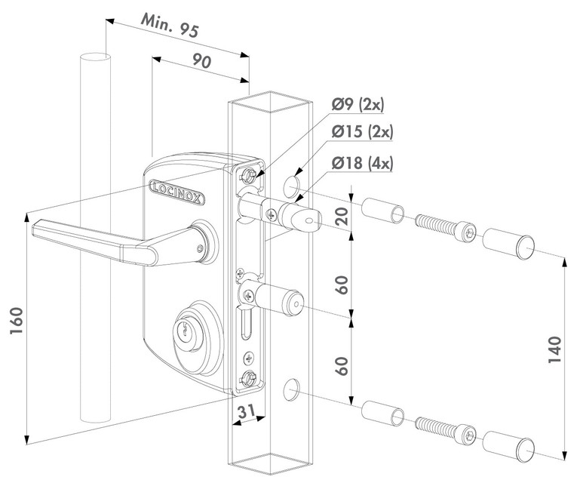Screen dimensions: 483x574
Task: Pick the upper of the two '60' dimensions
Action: (x=342, y=286)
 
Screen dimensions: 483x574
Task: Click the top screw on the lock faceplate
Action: (x=247, y=175)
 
